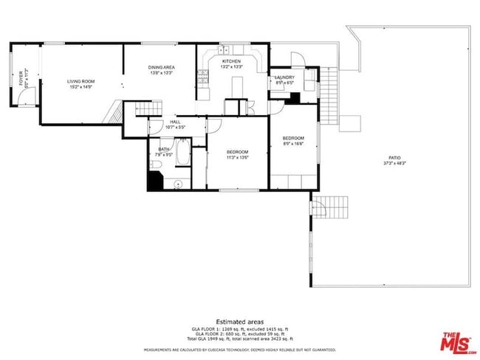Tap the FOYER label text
pos(21,79)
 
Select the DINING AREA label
pos(161,67)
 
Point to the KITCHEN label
pos(231,61)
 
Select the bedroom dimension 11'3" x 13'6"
pos(237,156)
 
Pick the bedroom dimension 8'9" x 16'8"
pos(293,144)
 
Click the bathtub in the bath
pos(185,157)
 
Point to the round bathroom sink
pos(179,183)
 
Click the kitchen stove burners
pos(202,75)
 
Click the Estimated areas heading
pos(240,320)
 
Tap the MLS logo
pos(456,343)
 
